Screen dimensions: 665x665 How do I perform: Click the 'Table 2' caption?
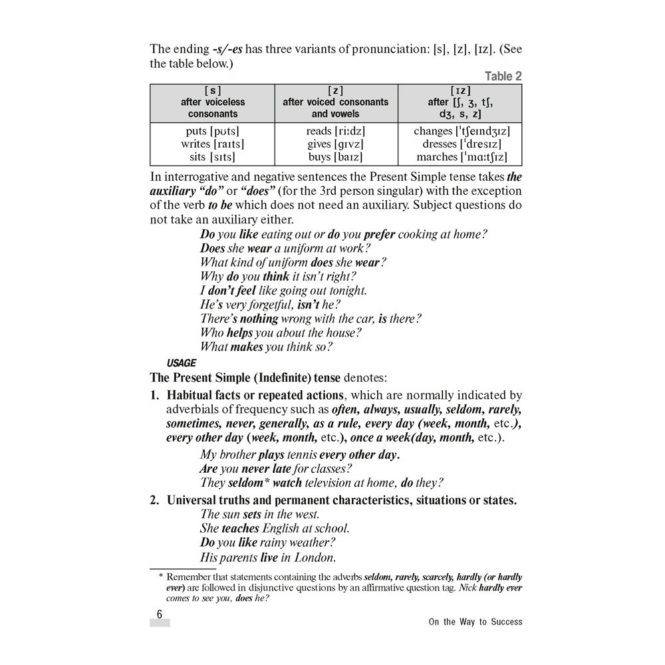click(x=503, y=76)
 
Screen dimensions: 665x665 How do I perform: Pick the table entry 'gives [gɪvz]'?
click(x=335, y=144)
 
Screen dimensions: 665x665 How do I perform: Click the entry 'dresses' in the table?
click(x=440, y=144)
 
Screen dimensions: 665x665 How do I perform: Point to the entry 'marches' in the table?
click(x=436, y=158)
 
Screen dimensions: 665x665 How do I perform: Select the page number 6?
click(x=160, y=614)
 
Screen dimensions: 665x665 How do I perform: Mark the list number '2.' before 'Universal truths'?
click(x=154, y=500)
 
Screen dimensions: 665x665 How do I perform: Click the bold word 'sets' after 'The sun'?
click(x=252, y=514)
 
